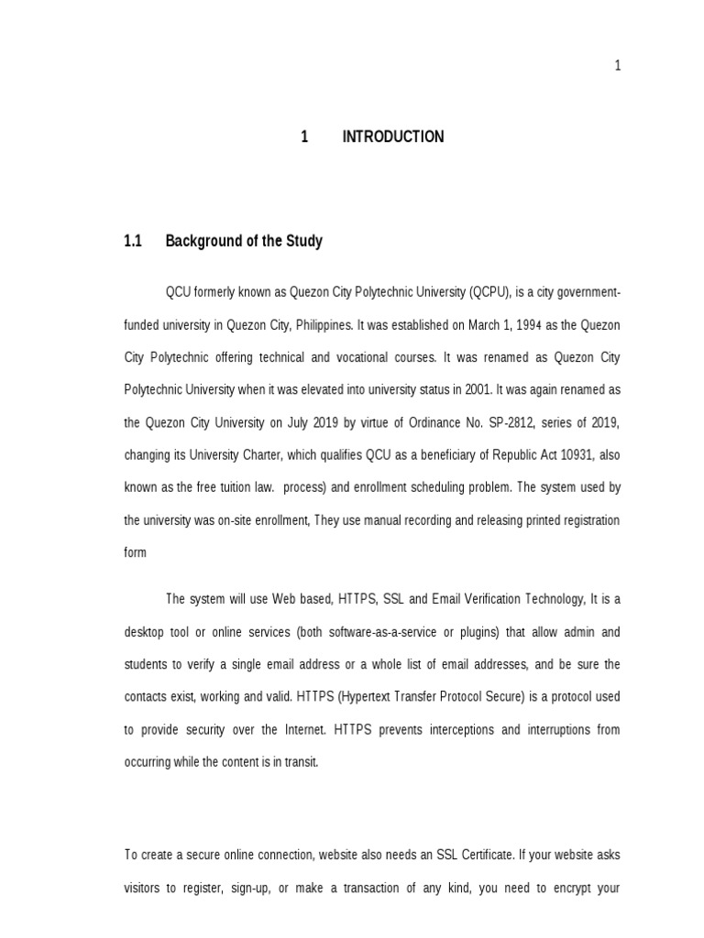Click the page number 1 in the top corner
pos(618,65)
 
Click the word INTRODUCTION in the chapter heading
pos(392,137)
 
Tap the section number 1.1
pos(134,242)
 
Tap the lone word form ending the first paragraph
pos(135,553)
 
